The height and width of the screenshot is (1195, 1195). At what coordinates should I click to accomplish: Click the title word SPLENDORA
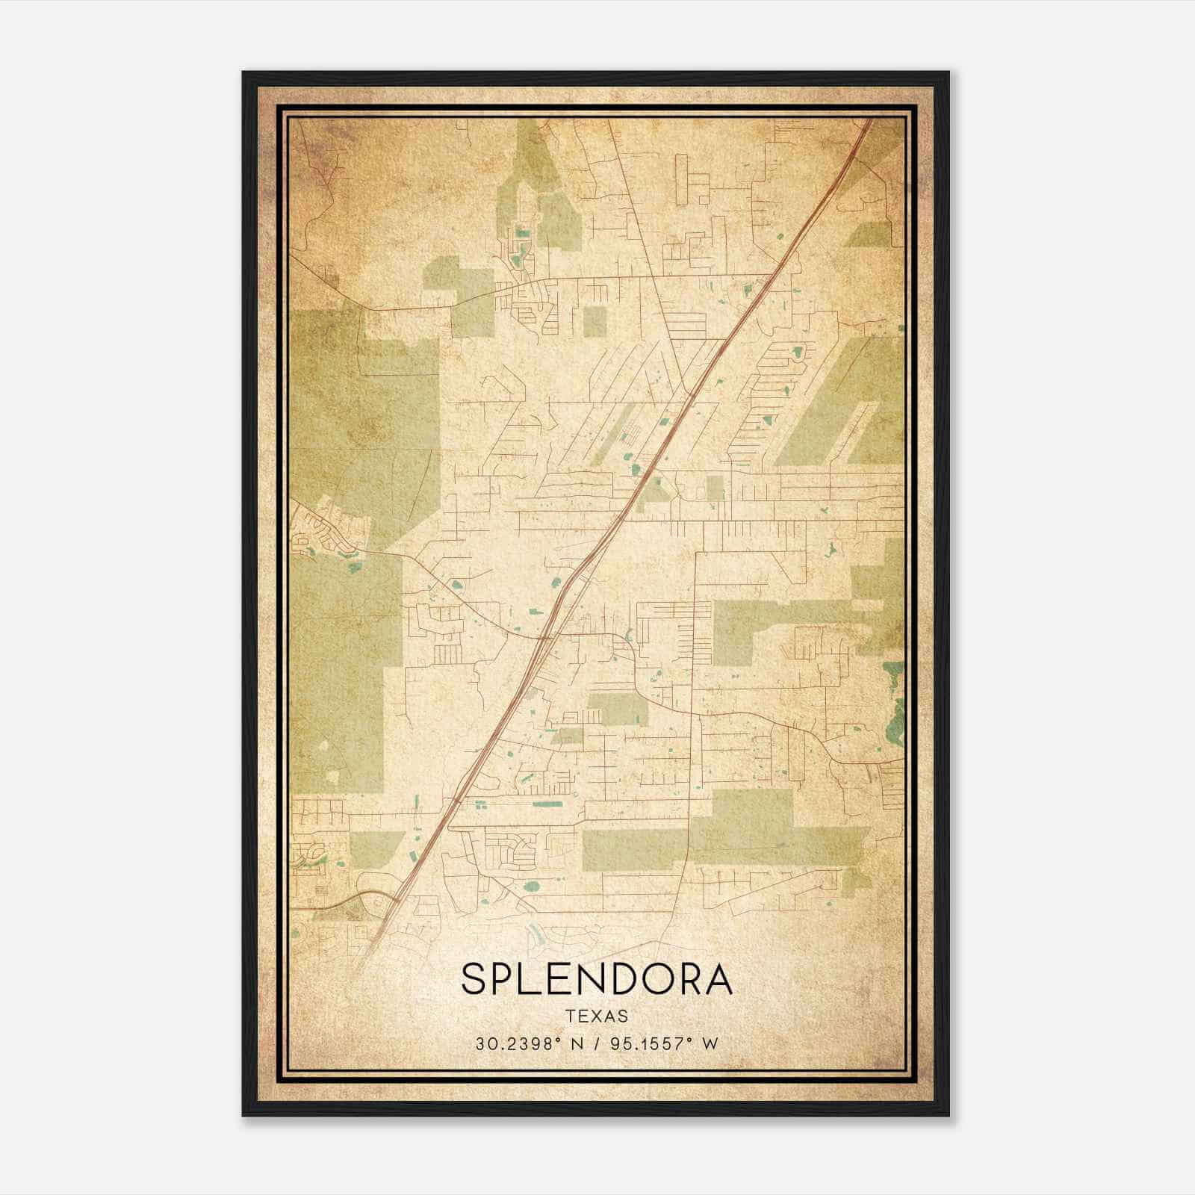(x=597, y=980)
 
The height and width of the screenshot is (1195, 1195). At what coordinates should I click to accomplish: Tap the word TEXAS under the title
(x=597, y=1016)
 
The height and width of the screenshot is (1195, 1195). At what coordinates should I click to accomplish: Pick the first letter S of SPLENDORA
(x=474, y=980)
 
